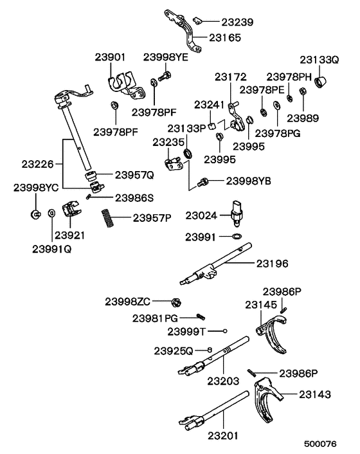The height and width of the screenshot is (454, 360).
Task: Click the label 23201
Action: [x=222, y=435]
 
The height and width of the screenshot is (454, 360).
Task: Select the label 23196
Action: [x=273, y=264]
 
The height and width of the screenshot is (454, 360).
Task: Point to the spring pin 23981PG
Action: [x=201, y=316]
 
